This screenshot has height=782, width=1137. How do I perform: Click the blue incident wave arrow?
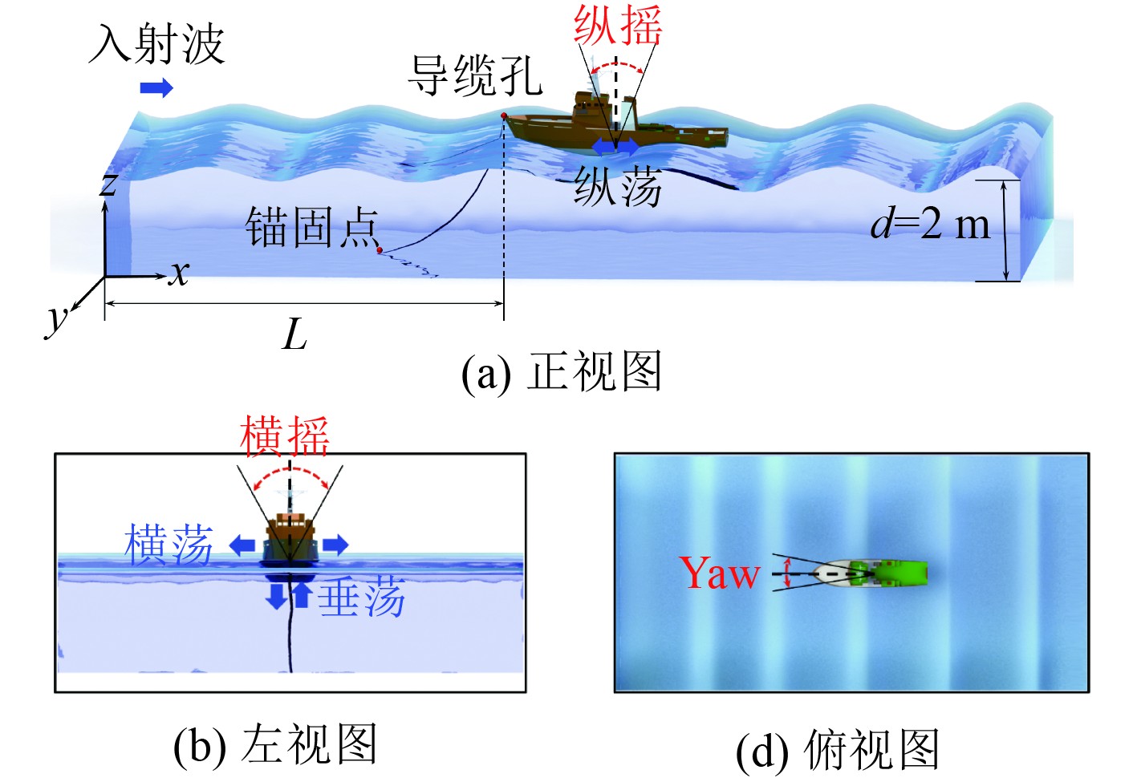pyautogui.click(x=156, y=87)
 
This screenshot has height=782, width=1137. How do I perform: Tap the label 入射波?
pyautogui.click(x=156, y=43)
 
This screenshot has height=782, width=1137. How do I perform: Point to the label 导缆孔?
pyautogui.click(x=475, y=76)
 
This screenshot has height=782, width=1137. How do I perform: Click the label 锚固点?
pyautogui.click(x=311, y=227)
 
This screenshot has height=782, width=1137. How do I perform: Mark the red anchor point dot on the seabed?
pyautogui.click(x=380, y=250)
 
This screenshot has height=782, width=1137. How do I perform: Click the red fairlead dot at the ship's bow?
pyautogui.click(x=503, y=117)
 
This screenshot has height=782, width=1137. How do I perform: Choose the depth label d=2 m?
pyautogui.click(x=931, y=224)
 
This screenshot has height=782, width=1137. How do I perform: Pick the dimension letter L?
pyautogui.click(x=294, y=334)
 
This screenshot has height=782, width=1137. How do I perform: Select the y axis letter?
pyautogui.click(x=56, y=319)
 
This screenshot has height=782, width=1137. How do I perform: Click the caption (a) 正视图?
pyautogui.click(x=562, y=373)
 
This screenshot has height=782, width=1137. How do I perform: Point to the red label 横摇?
pyautogui.click(x=285, y=436)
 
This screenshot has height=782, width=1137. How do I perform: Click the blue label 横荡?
pyautogui.click(x=169, y=545)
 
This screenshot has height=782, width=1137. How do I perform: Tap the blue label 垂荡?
pyautogui.click(x=361, y=598)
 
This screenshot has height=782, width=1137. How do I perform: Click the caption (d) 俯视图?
pyautogui.click(x=838, y=751)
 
